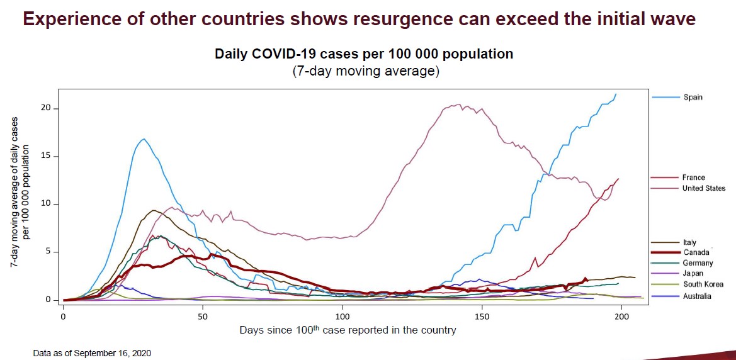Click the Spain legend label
pyautogui.click(x=693, y=98)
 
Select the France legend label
pyautogui.click(x=693, y=178)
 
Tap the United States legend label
pyautogui.click(x=703, y=188)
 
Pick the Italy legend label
pyautogui.click(x=689, y=242)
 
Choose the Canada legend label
pyautogui.click(x=695, y=253)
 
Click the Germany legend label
pyautogui.click(x=698, y=263)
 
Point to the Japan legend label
pyautogui.click(x=693, y=274)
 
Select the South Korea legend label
pyautogui.click(x=702, y=284)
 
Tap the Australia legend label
pyautogui.click(x=697, y=296)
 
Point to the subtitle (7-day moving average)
pyautogui.click(x=365, y=71)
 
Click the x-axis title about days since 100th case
pyautogui.click(x=348, y=330)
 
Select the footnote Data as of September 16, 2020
pyautogui.click(x=92, y=354)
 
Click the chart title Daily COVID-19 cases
pyautogui.click(x=364, y=54)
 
